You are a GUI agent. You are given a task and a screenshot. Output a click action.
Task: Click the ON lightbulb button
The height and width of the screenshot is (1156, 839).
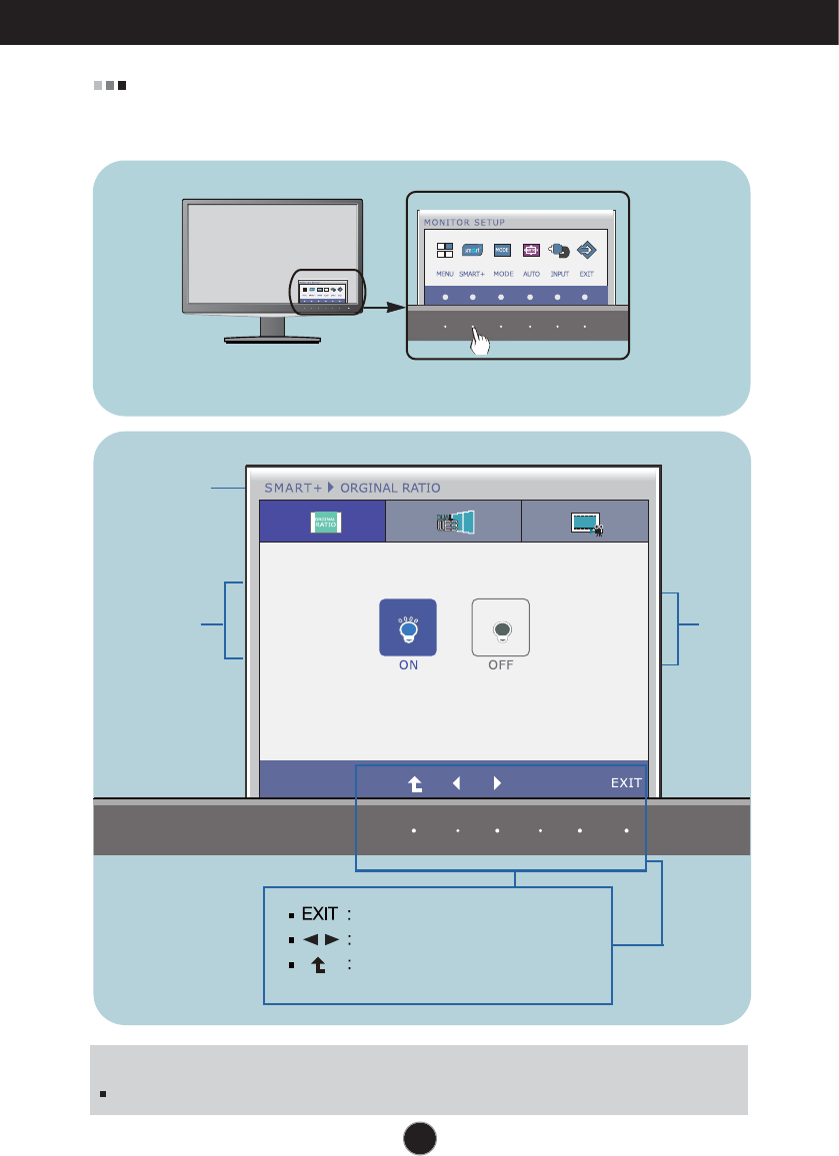point(408,627)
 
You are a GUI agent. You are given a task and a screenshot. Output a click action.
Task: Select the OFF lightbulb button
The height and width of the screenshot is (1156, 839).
point(500,627)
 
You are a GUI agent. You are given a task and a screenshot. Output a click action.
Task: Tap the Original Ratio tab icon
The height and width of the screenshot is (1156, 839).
point(325,522)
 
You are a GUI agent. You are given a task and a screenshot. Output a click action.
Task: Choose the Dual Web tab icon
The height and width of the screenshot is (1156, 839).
point(455,522)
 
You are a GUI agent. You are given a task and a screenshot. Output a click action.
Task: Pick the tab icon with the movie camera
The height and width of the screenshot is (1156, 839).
point(585,522)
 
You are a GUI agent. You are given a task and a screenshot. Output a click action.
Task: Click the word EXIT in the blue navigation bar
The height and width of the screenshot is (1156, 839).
point(626,783)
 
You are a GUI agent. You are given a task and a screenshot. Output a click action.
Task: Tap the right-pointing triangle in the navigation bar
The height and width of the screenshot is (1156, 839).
point(497,783)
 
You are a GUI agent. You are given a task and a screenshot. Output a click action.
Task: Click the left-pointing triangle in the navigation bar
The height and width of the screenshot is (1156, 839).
point(456,783)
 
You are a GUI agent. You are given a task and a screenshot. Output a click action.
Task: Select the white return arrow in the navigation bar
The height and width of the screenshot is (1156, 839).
point(415,784)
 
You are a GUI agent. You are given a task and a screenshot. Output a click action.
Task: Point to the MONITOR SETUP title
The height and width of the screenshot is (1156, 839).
point(465,222)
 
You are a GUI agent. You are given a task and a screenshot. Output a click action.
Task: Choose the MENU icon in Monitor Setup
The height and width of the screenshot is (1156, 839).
point(445,252)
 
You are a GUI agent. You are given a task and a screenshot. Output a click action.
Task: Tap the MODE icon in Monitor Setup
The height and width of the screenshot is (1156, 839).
point(503,252)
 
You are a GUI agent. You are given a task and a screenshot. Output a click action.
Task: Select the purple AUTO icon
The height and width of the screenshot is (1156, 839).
point(531,252)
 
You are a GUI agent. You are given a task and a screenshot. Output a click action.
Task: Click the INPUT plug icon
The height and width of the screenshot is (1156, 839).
point(559,252)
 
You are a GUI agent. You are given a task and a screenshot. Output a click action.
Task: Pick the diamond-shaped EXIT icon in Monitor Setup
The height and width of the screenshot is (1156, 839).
point(586,252)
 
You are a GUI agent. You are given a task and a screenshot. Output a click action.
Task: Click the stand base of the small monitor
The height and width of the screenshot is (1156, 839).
point(272,339)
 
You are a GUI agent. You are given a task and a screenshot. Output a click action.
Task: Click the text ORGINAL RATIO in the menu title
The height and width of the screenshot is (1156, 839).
point(390,488)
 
